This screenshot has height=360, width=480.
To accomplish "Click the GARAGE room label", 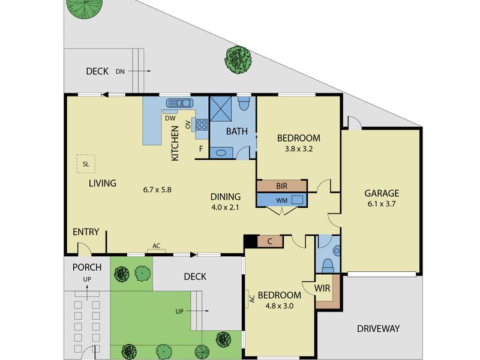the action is [x=382, y=193].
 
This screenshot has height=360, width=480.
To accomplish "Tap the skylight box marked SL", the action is [x=86, y=164].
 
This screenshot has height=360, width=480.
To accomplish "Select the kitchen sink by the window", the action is [x=179, y=103].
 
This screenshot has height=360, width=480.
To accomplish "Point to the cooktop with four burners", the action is [x=202, y=124].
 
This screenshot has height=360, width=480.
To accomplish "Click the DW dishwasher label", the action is [x=170, y=118].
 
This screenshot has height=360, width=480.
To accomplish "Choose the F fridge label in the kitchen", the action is [x=201, y=149].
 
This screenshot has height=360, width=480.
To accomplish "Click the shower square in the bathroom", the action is [x=220, y=109].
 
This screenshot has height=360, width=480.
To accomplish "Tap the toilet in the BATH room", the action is [x=244, y=103].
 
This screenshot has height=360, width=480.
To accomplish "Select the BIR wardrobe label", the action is [x=281, y=186].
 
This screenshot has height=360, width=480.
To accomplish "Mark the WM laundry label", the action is [x=282, y=200].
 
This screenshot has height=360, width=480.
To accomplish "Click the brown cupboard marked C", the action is [x=269, y=242].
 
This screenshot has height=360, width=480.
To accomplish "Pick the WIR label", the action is [x=322, y=289].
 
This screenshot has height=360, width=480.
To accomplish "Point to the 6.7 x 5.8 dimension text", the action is [x=157, y=190].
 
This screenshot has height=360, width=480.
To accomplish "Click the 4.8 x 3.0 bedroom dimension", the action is [x=279, y=306].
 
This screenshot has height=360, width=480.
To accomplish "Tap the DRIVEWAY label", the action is [x=379, y=329].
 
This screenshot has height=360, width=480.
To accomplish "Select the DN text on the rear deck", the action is [x=120, y=71].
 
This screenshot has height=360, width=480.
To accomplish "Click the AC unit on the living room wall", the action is [x=157, y=251].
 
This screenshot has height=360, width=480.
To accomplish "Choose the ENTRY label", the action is [x=86, y=232].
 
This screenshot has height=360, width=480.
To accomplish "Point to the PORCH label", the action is [x=87, y=268].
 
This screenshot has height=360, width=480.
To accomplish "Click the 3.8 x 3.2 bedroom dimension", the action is [x=298, y=149].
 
